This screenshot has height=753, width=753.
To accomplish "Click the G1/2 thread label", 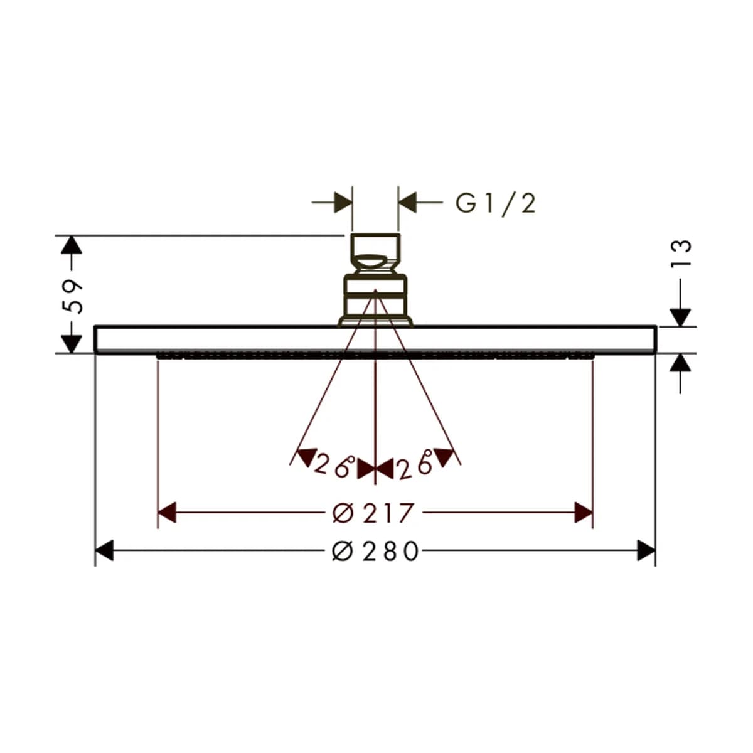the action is tap(496, 204).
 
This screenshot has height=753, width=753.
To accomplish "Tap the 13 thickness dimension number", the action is tap(681, 254).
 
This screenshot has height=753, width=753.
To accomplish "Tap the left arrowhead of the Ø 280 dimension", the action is tap(104, 550).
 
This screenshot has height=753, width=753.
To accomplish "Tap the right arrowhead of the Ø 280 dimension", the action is tap(646, 550).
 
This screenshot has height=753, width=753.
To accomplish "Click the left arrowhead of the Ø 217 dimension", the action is tap(167, 512).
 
